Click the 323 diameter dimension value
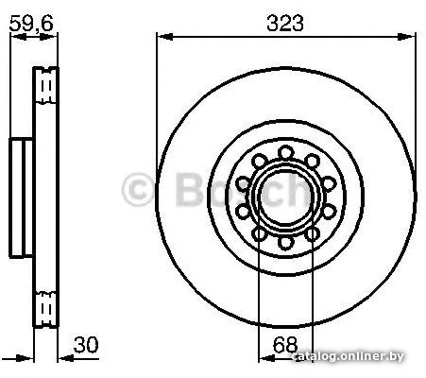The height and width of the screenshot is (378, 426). click(285, 24)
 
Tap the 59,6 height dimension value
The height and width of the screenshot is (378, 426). click(31, 24)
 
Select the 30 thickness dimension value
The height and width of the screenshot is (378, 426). click(86, 345)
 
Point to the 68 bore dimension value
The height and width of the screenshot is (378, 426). click(285, 345)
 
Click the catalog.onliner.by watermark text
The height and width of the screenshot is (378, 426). click(348, 356)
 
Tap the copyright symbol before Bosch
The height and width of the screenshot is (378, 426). click(138, 190)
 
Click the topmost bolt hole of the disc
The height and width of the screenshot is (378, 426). click(286, 153)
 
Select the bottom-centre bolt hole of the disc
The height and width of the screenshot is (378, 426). click(286, 243)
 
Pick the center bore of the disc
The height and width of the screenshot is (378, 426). click(286, 198)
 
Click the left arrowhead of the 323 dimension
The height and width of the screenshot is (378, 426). click(164, 37)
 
